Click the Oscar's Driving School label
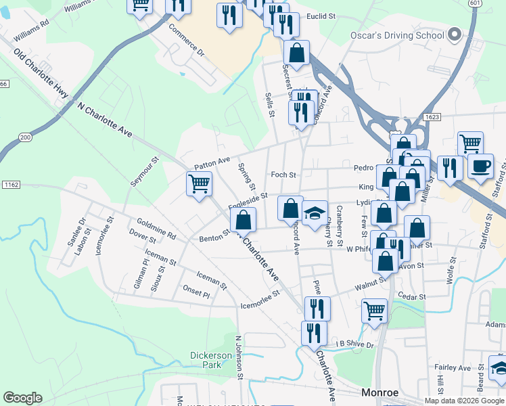tap(397, 35)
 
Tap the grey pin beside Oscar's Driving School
tap(455, 34)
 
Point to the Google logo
tap(22, 398)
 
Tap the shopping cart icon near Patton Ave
tap(200, 183)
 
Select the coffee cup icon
tap(480, 166)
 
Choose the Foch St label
tap(283, 175)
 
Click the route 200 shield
tap(25, 137)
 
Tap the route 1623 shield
tap(434, 117)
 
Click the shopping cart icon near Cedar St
tap(374, 311)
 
